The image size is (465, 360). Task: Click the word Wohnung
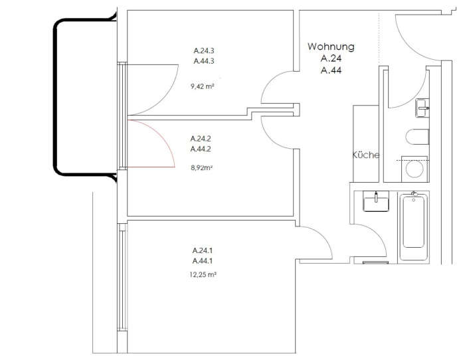click(331, 46)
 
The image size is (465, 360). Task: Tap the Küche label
click(366, 155)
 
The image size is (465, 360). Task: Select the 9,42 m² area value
click(202, 86)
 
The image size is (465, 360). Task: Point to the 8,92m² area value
click(202, 168)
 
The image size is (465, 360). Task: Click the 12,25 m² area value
click(203, 274)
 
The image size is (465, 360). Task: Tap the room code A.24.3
click(204, 50)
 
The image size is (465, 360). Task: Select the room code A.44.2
click(201, 149)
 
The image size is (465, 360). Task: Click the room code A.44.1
click(203, 261)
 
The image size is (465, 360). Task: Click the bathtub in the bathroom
click(414, 226)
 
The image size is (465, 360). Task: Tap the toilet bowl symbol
click(417, 137)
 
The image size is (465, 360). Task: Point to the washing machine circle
click(415, 169)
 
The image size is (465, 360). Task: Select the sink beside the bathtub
click(376, 201)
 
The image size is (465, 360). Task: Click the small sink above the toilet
click(422, 108)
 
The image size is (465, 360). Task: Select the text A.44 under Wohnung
click(331, 70)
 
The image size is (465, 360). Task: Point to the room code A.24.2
click(201, 138)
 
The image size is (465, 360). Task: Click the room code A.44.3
click(204, 61)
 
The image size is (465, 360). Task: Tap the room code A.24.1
click(203, 250)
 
